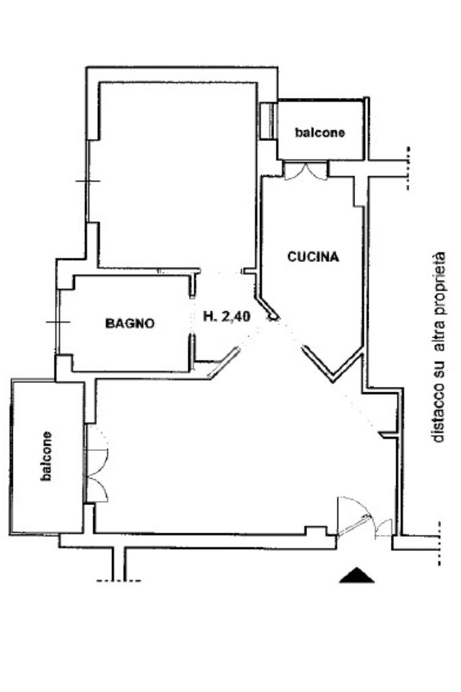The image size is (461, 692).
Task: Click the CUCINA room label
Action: pyautogui.click(x=313, y=257)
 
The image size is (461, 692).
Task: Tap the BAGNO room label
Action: pyautogui.click(x=130, y=323)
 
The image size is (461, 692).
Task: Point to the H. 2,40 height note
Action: pyautogui.click(x=227, y=317)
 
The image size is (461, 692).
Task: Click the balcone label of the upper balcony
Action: pyautogui.click(x=320, y=132)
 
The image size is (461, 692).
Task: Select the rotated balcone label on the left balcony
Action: pyautogui.click(x=46, y=456)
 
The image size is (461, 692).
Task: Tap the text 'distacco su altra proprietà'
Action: pyautogui.click(x=439, y=347)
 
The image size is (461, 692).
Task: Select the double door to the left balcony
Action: pyautogui.click(x=97, y=463)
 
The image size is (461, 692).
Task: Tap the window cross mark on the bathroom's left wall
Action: pyautogui.click(x=58, y=322)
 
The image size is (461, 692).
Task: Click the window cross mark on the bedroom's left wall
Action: pyautogui.click(x=88, y=181)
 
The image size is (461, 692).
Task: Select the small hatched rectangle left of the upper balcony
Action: pyautogui.click(x=266, y=121)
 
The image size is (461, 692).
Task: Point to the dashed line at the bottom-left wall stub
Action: pyautogui.click(x=119, y=581)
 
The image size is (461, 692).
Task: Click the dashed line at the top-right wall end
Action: pyautogui.click(x=408, y=168)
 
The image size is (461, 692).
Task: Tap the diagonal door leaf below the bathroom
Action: pyautogui.click(x=223, y=363)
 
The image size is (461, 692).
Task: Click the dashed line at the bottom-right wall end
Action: pyautogui.click(x=439, y=543)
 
